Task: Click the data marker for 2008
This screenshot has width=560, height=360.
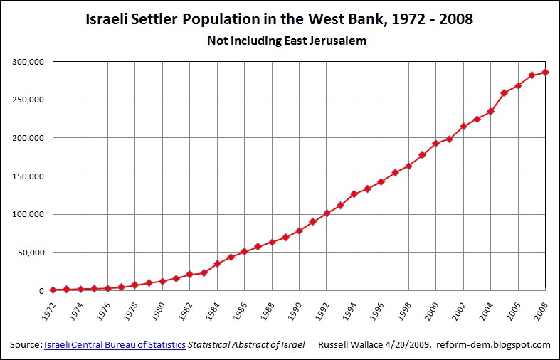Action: coord(546,72)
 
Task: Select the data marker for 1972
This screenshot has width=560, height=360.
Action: coord(53,290)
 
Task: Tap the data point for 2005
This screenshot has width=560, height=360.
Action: coord(504,92)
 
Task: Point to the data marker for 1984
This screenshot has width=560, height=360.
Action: coord(217,263)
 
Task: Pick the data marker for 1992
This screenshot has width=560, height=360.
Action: coord(327,213)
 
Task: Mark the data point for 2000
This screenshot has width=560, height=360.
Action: coord(436,143)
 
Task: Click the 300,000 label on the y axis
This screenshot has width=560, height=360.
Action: coord(29,62)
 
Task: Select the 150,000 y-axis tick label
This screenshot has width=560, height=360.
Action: coord(29,176)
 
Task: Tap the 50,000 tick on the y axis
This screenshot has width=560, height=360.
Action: coord(31,252)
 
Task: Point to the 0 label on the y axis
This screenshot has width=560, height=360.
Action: coord(42,290)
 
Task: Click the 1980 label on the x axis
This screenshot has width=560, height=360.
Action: coord(162,308)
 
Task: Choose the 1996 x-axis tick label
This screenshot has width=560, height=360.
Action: coord(381,308)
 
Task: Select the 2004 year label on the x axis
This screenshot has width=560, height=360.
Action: coord(490,308)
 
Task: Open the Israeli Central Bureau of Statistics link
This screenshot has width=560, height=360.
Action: coord(115,345)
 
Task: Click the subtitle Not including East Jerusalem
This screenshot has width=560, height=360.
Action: coord(287,41)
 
